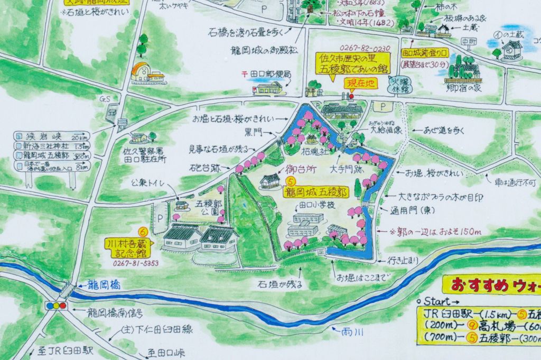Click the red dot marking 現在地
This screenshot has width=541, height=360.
[x=350, y=96]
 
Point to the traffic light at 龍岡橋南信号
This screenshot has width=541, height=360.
[x=56, y=306]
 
